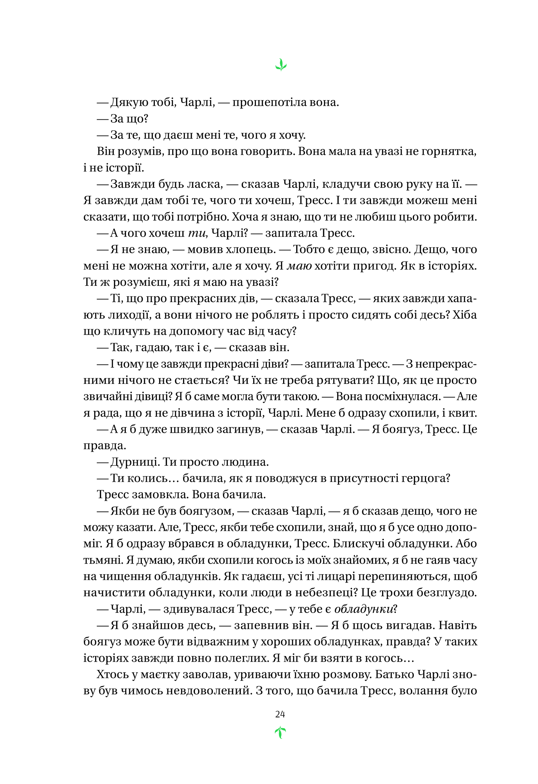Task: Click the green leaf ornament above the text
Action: coord(281,65)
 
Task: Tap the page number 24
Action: coord(280,714)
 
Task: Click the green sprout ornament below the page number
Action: coord(280,732)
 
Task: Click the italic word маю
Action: coord(299,266)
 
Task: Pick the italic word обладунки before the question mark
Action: coord(363,609)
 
